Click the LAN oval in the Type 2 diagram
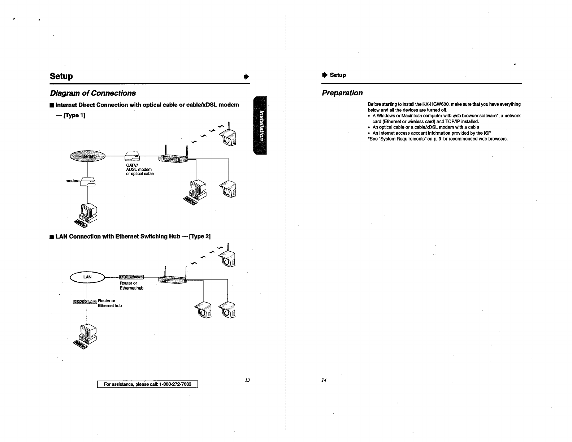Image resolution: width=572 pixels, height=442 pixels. (x=87, y=277)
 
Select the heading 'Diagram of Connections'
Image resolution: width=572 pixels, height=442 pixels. (x=93, y=93)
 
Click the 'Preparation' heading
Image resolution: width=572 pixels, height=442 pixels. (x=342, y=93)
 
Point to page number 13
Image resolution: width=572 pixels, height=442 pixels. (x=247, y=380)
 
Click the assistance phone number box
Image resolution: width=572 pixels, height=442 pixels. (x=147, y=384)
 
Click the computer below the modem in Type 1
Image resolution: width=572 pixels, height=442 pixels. (x=87, y=215)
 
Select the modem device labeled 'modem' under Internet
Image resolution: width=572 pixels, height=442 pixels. (x=88, y=182)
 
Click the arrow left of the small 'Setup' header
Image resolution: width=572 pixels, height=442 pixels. (x=324, y=75)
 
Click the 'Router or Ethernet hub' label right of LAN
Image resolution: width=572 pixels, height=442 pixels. (x=131, y=286)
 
